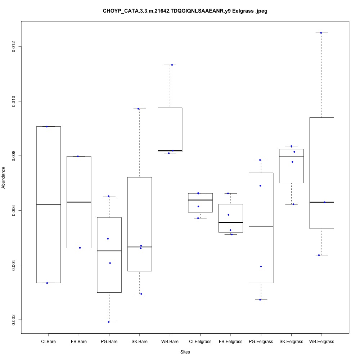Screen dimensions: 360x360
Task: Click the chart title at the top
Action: coord(185,11)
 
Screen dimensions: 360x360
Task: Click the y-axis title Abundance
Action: coord(4,177)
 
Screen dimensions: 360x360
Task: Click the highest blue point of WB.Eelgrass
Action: coord(321,33)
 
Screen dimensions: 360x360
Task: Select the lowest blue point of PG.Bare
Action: coord(109,322)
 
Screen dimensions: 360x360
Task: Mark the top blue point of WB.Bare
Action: coord(172,65)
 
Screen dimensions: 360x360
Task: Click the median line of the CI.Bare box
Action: coord(48,204)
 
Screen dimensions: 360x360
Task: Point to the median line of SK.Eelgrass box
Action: coord(291,157)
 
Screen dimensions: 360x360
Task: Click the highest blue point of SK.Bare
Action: coord(139,108)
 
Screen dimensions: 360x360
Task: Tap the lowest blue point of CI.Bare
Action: coord(47,283)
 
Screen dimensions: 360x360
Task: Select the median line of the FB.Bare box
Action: coord(78,202)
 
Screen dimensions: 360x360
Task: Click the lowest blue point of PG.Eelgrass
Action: coord(260,300)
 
